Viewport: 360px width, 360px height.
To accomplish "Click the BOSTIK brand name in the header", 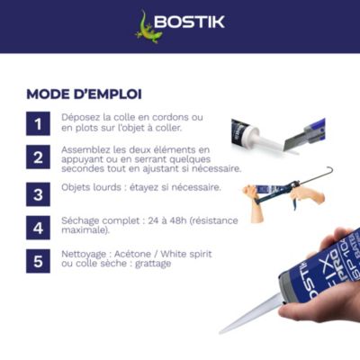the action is (x=190, y=22).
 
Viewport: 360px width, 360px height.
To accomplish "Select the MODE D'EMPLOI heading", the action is (x=84, y=94).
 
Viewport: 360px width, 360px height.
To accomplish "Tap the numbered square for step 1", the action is (x=38, y=123).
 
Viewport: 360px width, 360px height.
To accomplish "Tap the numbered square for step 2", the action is (x=38, y=157).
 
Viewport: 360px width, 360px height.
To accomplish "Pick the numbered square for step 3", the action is (x=38, y=194).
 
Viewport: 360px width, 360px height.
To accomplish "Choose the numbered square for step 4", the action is (x=38, y=228).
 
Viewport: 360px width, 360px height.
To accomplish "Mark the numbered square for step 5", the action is (x=38, y=261).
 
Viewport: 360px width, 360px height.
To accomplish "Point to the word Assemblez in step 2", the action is (x=85, y=149).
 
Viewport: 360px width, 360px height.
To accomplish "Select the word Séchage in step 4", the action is (x=80, y=221).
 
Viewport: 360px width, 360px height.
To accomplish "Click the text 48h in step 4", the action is (x=176, y=220).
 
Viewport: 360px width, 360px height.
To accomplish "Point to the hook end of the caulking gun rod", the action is (x=329, y=170).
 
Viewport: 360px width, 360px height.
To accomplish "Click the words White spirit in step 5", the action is (x=186, y=254).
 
